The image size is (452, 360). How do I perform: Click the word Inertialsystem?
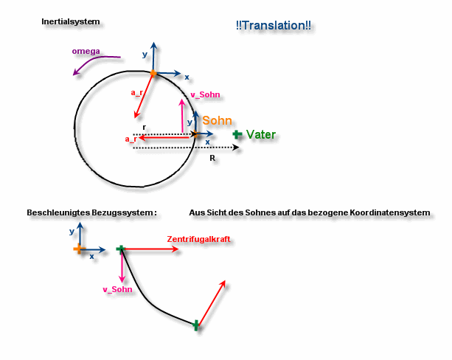tap(71, 21)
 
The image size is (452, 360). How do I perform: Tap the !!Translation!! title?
tap(274, 25)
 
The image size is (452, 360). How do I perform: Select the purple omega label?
tap(86, 52)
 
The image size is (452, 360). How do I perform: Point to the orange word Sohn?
tap(217, 120)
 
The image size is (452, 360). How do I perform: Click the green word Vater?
tap(261, 134)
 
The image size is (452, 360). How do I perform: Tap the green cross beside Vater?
tap(237, 134)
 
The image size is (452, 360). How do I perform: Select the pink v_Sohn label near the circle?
tap(205, 94)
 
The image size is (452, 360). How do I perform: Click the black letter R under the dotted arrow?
tap(212, 158)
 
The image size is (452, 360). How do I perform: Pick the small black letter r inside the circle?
tap(144, 128)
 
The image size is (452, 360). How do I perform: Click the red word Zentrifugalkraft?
tap(198, 239)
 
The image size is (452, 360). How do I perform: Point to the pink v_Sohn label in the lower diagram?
tap(118, 289)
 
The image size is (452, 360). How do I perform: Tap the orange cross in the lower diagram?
tap(78, 249)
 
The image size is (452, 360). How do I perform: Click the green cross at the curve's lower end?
tap(195, 325)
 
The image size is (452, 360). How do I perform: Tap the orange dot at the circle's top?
tap(153, 73)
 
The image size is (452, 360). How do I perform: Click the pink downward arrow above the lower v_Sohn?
tap(122, 266)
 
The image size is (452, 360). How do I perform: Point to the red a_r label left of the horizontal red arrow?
tap(131, 139)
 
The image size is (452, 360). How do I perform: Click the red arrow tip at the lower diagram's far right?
tap(225, 280)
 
